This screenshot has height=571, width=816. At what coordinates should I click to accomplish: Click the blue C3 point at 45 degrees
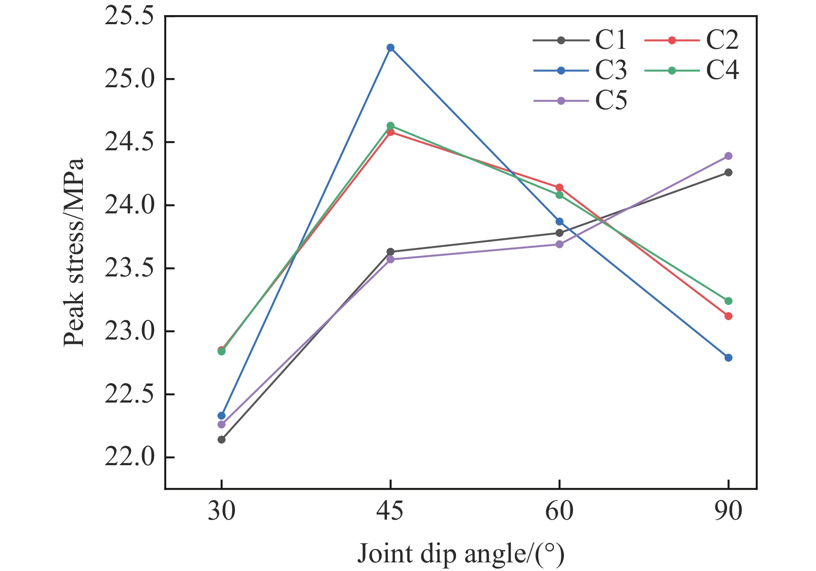coord(390,48)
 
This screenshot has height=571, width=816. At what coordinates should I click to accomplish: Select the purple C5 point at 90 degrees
coord(728,156)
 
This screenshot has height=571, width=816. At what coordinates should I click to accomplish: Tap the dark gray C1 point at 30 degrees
coord(221,440)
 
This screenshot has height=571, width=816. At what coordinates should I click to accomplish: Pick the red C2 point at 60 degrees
coord(560,187)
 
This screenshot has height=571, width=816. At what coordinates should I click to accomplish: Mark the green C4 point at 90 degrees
coord(728,301)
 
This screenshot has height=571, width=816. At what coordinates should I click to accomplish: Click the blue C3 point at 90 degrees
coord(728,358)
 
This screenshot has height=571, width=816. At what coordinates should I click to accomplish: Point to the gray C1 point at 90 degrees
coord(728,173)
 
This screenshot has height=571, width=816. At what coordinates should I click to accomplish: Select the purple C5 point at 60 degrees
coord(560,244)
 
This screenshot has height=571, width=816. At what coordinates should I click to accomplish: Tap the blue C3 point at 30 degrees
coord(221,416)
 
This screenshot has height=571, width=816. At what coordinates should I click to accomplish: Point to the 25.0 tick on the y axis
coord(129,79)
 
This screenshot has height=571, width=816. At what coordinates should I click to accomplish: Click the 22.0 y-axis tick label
coord(129,457)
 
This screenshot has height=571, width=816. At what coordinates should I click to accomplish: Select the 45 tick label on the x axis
coord(390,511)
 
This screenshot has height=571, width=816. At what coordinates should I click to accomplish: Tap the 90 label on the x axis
coord(728,511)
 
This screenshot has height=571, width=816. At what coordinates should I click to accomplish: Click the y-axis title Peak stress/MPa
coord(73,252)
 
